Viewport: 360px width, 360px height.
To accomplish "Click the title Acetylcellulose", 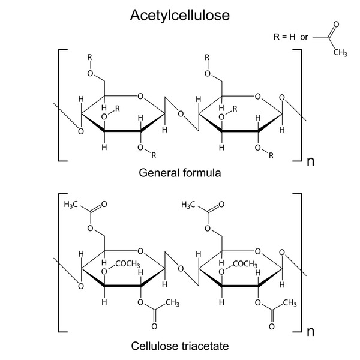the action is point(180,16).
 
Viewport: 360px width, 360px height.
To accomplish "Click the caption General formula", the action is point(180,173).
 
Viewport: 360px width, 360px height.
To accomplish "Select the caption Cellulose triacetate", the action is point(180,346).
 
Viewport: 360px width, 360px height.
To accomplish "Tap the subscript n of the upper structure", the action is point(310,161).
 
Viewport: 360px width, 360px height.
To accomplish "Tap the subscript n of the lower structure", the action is point(310,332).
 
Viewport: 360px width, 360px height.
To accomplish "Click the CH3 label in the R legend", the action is point(340,53).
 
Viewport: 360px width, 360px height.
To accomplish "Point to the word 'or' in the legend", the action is point(304,37).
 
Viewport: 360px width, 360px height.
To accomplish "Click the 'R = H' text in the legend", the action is point(284,37).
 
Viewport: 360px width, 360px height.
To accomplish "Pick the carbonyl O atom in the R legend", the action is point(336,25).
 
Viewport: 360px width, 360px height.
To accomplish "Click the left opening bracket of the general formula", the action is point(59,105).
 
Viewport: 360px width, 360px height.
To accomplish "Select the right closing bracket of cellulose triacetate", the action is point(301,263).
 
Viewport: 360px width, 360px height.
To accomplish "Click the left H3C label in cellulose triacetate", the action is point(71,205).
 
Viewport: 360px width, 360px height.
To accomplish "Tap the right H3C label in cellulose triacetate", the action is point(188,205).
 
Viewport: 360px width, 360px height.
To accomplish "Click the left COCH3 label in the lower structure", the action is point(128,264).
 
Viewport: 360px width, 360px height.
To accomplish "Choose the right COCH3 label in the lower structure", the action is point(245,264).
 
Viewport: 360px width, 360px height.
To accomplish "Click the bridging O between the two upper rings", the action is point(181,114).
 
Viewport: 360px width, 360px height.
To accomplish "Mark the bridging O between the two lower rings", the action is point(181,269).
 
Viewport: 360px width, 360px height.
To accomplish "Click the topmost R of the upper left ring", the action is point(90,57).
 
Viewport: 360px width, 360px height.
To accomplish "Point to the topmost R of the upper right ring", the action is point(207,57).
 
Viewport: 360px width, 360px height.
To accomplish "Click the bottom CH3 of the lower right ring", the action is point(290,303).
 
